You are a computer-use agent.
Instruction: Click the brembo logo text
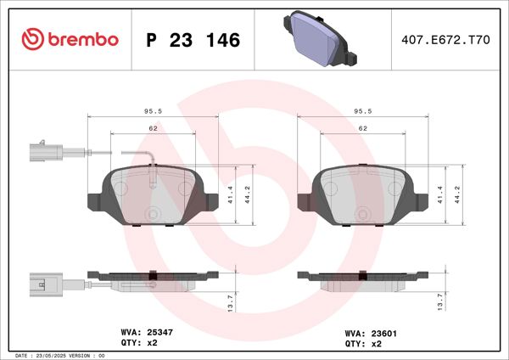(x=83, y=39)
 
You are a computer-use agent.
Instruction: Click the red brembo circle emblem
(x=31, y=39)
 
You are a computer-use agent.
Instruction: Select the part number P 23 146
(x=193, y=40)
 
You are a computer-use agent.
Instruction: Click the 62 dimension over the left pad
(x=154, y=127)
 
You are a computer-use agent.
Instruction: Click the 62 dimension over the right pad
(x=362, y=127)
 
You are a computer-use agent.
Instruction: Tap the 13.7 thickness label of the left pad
(x=229, y=301)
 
